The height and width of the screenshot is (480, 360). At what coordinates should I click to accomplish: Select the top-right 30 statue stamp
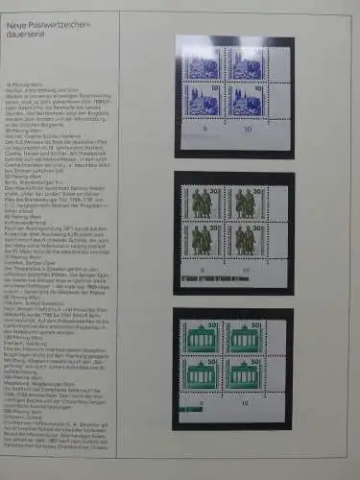point(241,204)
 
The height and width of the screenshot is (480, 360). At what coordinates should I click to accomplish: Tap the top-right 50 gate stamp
point(241,338)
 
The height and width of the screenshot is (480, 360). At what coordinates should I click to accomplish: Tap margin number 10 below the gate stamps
point(247,404)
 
